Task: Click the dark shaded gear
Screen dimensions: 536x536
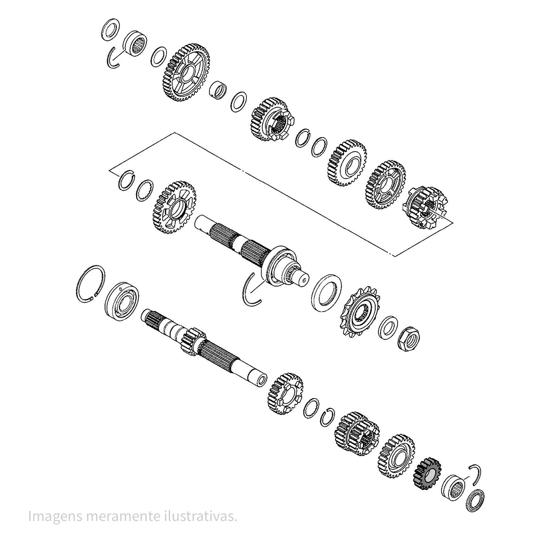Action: point(427,474)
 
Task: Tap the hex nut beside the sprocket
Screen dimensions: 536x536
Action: point(409,339)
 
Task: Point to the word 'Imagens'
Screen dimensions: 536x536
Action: point(55,517)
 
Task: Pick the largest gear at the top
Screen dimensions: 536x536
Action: point(184,72)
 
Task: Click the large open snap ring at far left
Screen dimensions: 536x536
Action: point(90,284)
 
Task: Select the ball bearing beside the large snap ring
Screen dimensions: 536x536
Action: point(122,301)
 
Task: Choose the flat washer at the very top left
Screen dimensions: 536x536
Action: point(110,30)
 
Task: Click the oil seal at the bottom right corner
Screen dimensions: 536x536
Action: point(475,501)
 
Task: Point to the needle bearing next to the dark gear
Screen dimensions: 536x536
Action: point(453,487)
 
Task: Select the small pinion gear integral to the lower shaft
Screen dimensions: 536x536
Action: point(192,341)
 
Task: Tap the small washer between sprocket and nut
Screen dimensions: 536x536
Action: point(388,327)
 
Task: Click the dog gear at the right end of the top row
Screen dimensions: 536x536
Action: point(426,207)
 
